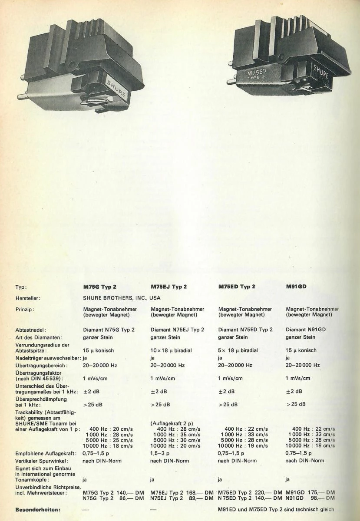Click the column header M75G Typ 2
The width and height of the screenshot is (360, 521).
(100, 287)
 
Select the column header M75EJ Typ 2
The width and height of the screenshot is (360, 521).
(169, 287)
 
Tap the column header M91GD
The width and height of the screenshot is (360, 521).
(297, 287)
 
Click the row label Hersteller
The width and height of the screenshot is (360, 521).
(27, 298)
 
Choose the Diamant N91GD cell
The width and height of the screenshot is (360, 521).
(306, 330)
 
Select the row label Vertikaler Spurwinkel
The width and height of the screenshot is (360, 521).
(43, 460)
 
